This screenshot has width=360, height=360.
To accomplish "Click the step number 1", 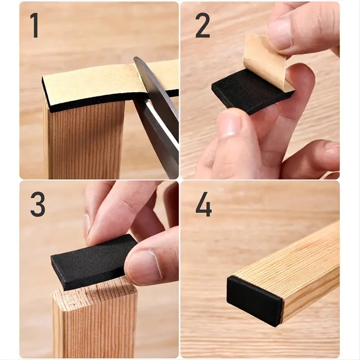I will click(34, 25).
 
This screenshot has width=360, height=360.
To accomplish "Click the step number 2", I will click(203, 25).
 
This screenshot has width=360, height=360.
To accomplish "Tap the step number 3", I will click(38, 204).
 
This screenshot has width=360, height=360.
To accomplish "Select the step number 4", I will click(203, 204).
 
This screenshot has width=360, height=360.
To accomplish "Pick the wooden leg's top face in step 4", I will click(288, 259).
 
